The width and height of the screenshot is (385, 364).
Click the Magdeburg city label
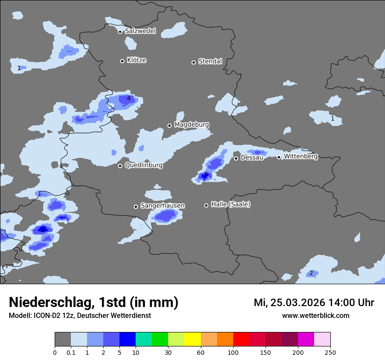(192, 125)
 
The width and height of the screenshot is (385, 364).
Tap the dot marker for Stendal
(193, 62)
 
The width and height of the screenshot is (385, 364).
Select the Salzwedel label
(140, 31)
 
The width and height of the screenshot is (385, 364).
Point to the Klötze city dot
(122, 61)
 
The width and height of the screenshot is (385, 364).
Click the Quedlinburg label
(143, 165)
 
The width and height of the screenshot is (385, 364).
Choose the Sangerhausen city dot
(136, 207)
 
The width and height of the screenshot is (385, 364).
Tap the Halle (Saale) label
(231, 204)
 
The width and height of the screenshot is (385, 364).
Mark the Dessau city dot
(236, 158)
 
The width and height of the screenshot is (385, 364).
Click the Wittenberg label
(301, 156)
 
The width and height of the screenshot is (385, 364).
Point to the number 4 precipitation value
(129, 98)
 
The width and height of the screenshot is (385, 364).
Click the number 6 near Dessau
(206, 174)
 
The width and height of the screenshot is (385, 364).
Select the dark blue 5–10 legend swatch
(127, 339)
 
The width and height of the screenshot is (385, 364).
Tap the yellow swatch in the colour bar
(192, 339)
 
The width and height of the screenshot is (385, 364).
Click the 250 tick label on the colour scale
(330, 352)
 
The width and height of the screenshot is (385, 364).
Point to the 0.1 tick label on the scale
(71, 352)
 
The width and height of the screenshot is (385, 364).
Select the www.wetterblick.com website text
(315, 315)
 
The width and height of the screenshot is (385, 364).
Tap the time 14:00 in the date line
(337, 303)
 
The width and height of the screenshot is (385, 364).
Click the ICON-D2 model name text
(46, 315)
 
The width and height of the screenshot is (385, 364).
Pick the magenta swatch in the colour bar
(306, 339)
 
